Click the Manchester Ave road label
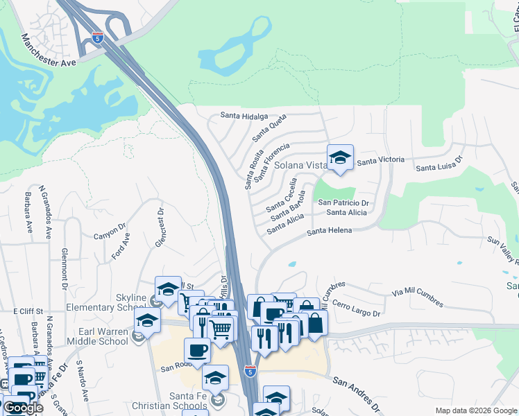coord(49,49)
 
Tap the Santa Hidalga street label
coord(244,116)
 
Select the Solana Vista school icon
coord(340,158)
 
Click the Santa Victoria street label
coord(380,160)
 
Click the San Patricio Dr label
coord(342,202)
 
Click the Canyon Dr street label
coord(109,232)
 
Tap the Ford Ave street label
coord(121,247)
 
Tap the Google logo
coord(22,408)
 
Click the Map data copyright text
coord(475,410)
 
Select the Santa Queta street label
coord(269,128)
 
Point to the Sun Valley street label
coord(503,250)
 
